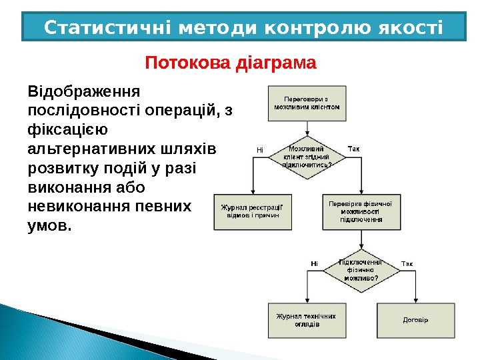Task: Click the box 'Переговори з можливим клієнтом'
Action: tap(307, 103)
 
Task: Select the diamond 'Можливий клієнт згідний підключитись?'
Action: tap(307, 158)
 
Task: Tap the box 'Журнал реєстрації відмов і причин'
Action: tap(252, 211)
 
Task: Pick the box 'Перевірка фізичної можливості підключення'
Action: tap(361, 211)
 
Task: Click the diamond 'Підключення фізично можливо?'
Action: tap(361, 269)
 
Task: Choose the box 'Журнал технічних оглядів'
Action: tap(307, 321)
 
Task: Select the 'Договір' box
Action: tap(416, 321)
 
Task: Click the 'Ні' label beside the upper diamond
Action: tap(260, 149)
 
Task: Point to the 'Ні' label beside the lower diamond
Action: tap(315, 264)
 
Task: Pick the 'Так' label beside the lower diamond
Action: tap(407, 264)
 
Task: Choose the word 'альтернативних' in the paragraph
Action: tap(89, 148)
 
